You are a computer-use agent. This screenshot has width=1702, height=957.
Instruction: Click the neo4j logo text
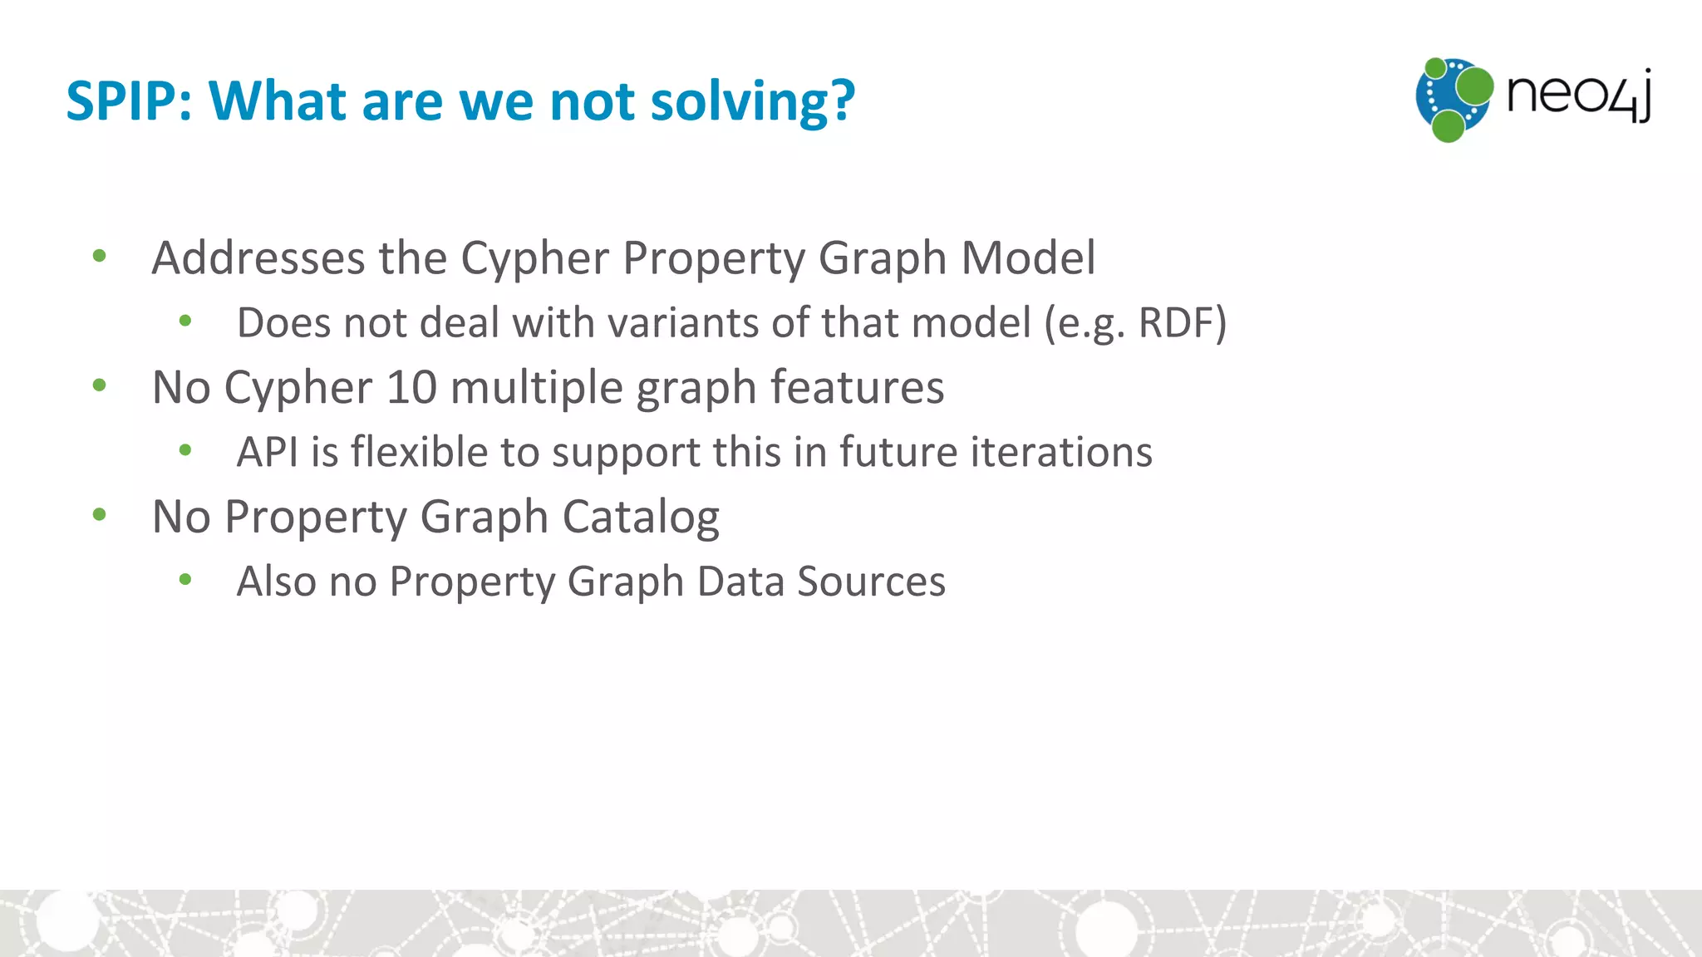point(1578,96)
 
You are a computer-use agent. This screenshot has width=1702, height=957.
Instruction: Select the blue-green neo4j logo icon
point(1454,99)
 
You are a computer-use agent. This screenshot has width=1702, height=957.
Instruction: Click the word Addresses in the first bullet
point(258,258)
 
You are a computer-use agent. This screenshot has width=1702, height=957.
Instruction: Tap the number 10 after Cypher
point(411,387)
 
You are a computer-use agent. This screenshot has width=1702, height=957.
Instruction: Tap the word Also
point(276,582)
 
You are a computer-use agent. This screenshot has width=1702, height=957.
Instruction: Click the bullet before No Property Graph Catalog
point(100,515)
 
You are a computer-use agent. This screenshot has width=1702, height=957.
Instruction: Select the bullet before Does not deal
point(185,321)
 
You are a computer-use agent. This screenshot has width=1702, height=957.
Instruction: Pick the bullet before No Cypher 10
point(100,385)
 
